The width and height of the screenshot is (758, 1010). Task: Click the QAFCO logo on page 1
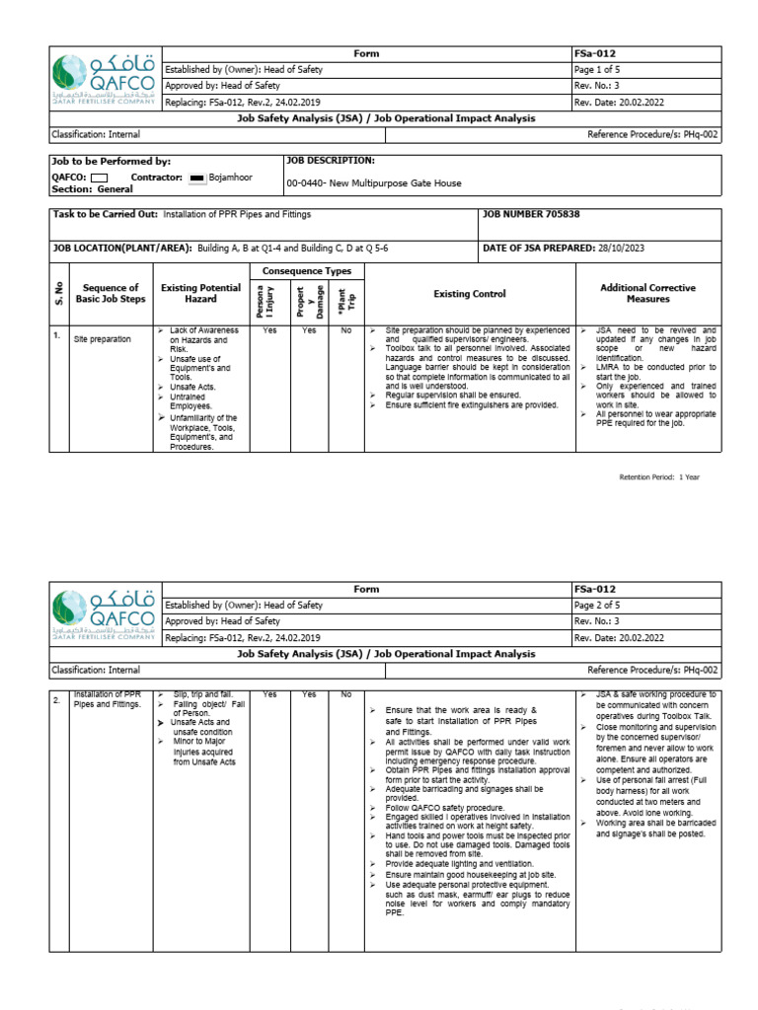[104, 77]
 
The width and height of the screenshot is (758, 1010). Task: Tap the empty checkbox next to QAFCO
[99, 178]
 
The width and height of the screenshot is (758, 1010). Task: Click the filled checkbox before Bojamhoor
[197, 178]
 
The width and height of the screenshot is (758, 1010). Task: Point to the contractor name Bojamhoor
[231, 178]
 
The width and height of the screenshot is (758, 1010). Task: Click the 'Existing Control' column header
[470, 294]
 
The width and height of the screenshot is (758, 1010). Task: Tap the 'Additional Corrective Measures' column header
[647, 293]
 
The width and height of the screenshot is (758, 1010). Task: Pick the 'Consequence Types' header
[305, 271]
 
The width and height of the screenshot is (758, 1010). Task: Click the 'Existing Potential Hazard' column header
[200, 293]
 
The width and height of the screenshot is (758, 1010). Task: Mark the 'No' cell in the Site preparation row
[345, 331]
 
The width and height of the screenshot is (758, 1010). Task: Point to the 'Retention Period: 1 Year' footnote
[659, 476]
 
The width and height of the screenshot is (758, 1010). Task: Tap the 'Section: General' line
[92, 188]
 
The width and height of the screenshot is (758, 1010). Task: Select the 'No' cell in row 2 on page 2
[345, 694]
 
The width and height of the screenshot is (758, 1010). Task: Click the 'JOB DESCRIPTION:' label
[330, 160]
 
